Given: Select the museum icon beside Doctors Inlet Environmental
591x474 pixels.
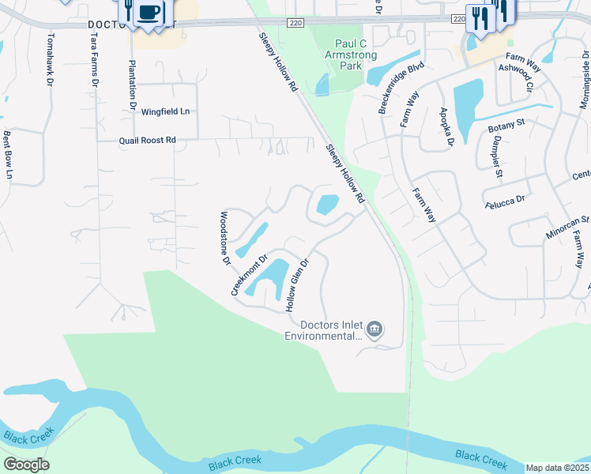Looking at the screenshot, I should (x=375, y=329).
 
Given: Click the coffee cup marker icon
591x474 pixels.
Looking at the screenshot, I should (x=149, y=13).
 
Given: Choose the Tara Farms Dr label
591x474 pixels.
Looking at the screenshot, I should (x=94, y=60).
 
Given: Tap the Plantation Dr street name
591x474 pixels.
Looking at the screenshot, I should (x=132, y=85).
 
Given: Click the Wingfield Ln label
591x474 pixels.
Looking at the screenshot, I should (x=166, y=111).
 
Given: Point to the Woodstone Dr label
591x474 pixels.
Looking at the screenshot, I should (x=224, y=237).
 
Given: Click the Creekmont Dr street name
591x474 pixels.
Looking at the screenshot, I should (x=250, y=274).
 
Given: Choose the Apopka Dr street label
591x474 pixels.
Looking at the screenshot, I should (x=446, y=126).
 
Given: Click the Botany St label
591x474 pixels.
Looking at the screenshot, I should (x=506, y=124).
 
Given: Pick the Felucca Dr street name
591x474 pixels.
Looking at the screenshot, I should (x=506, y=201).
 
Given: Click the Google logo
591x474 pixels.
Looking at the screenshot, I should (x=26, y=465).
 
